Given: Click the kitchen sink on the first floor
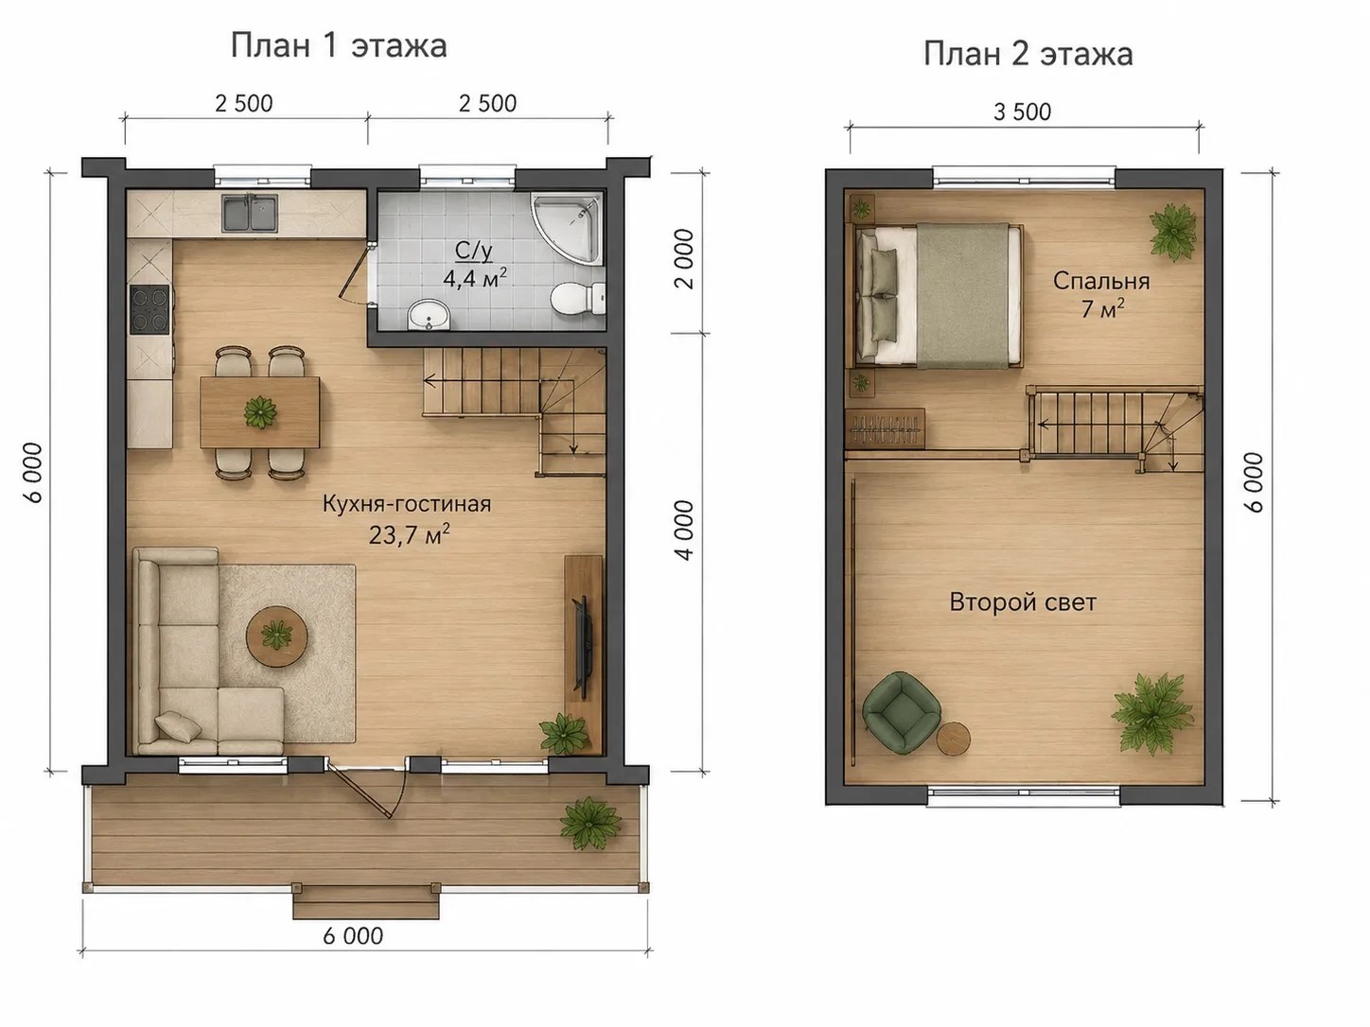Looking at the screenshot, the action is pyautogui.click(x=250, y=214).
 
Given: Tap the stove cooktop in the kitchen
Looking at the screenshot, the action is pyautogui.click(x=149, y=309).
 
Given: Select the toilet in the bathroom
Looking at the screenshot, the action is pyautogui.click(x=578, y=298).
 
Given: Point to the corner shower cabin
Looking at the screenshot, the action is pyautogui.click(x=568, y=227).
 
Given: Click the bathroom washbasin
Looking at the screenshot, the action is pyautogui.click(x=429, y=315).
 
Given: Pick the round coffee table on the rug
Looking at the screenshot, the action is pyautogui.click(x=276, y=636).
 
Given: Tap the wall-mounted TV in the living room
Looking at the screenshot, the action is pyautogui.click(x=584, y=646).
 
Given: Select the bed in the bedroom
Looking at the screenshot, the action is pyautogui.click(x=939, y=294).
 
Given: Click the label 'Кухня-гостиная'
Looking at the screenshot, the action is pyautogui.click(x=407, y=504).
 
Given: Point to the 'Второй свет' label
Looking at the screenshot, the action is pyautogui.click(x=1023, y=602).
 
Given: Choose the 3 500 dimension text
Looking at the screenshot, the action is pyautogui.click(x=1023, y=113).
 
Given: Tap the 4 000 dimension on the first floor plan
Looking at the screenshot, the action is pyautogui.click(x=685, y=531).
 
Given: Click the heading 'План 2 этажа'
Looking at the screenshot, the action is pyautogui.click(x=1027, y=54).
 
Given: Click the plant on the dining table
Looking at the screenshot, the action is pyautogui.click(x=260, y=412).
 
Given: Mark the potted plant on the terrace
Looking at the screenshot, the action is pyautogui.click(x=589, y=823).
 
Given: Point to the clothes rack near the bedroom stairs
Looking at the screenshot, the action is pyautogui.click(x=885, y=428).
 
